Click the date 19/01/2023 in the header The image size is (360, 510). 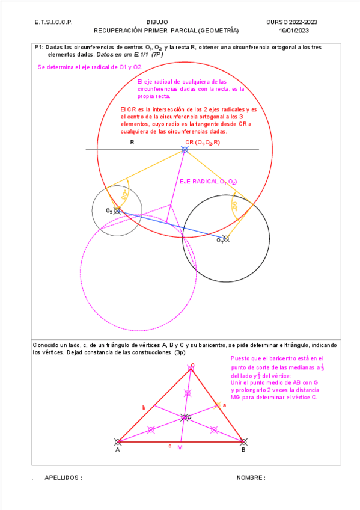[x=294, y=30]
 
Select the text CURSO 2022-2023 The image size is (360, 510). [x=292, y=22]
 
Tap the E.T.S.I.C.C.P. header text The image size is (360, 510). [x=53, y=22]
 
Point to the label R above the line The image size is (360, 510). [x=132, y=143]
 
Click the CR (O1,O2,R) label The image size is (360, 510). [x=203, y=143]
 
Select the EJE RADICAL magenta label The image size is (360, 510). [x=208, y=181]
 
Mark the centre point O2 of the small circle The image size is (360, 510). [x=117, y=210]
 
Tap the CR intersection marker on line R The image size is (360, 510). [x=185, y=149]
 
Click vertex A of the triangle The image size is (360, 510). [x=117, y=441]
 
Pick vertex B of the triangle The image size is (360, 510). [x=243, y=441]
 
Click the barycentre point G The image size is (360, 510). [x=184, y=417]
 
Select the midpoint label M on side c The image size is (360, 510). [x=180, y=449]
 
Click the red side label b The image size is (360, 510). [x=144, y=408]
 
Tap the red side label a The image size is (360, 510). [x=225, y=406]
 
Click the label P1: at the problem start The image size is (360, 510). [x=39, y=47]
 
